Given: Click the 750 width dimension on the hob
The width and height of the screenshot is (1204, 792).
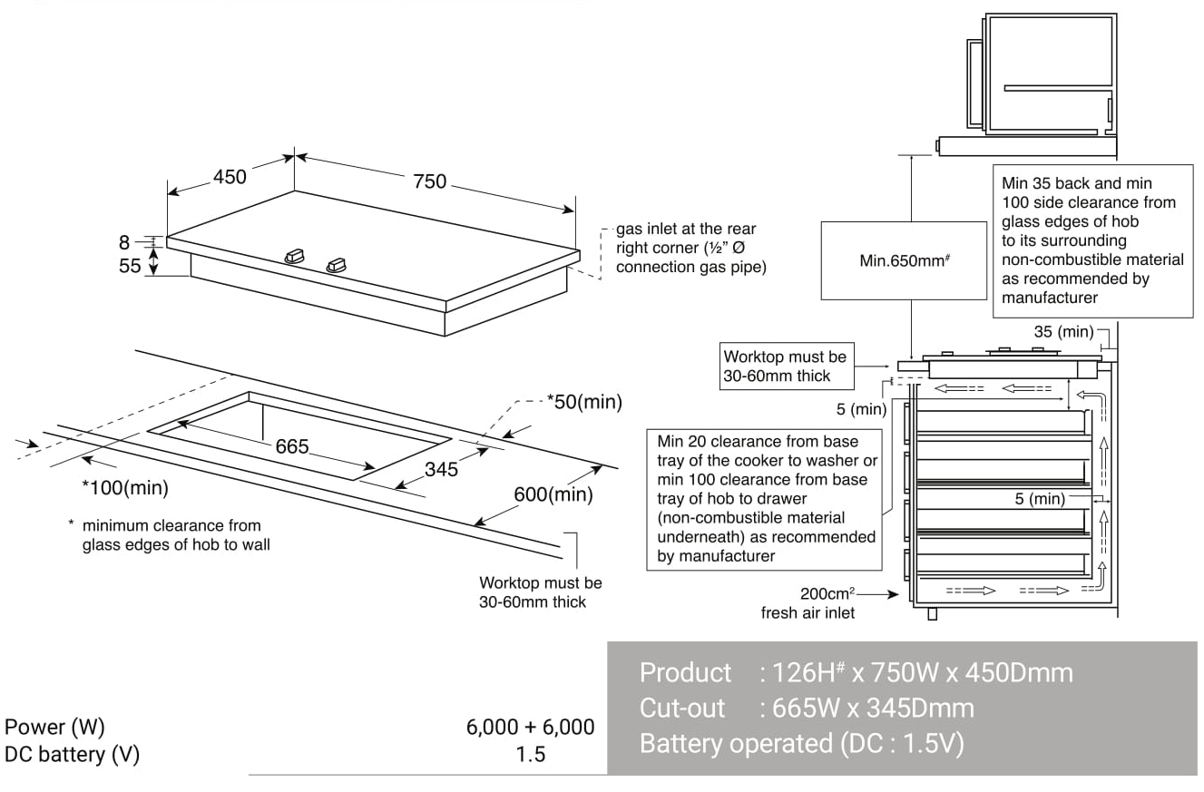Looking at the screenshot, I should pyautogui.click(x=430, y=181).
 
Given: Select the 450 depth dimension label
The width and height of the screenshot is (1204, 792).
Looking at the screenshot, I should pyautogui.click(x=230, y=177).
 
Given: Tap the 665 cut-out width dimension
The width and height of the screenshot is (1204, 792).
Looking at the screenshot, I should pyautogui.click(x=293, y=447).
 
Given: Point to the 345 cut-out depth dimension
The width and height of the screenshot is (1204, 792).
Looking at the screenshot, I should pyautogui.click(x=441, y=469).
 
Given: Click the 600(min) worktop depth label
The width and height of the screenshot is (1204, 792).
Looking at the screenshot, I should pyautogui.click(x=553, y=494).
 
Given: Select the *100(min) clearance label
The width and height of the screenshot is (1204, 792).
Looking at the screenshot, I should pyautogui.click(x=125, y=488).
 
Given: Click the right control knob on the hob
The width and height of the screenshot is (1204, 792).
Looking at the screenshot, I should pyautogui.click(x=337, y=265).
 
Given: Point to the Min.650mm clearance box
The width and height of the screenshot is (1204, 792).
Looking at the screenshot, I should pyautogui.click(x=904, y=260).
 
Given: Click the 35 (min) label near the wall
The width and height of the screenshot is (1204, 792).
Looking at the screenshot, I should pyautogui.click(x=1064, y=332).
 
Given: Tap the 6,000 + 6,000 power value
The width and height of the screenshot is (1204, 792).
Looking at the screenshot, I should pyautogui.click(x=531, y=727).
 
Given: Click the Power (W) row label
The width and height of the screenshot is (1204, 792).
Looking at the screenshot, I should pyautogui.click(x=55, y=727).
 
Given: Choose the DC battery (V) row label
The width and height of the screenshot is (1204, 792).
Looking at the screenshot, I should pyautogui.click(x=73, y=754).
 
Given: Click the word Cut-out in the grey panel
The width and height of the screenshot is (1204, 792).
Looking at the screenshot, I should pyautogui.click(x=682, y=708).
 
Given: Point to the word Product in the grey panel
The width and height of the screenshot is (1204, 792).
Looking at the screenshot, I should pyautogui.click(x=685, y=672).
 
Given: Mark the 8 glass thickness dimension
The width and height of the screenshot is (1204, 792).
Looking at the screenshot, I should pyautogui.click(x=124, y=242).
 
